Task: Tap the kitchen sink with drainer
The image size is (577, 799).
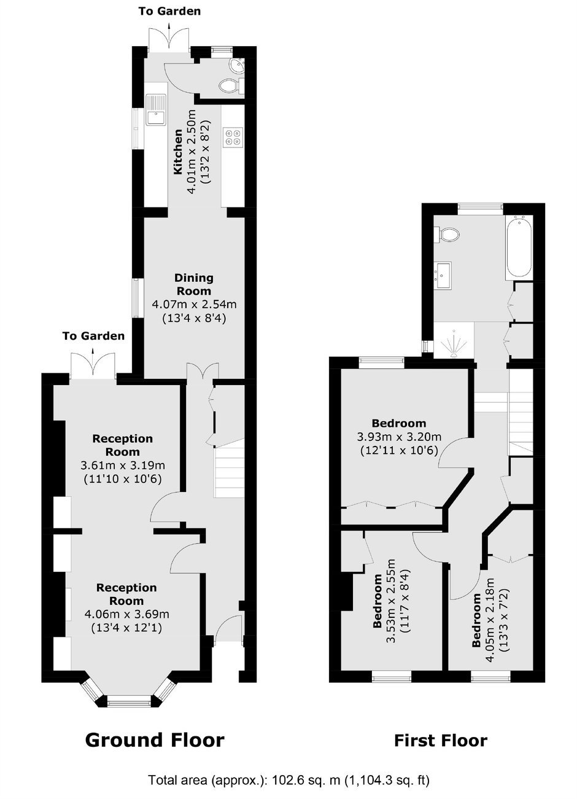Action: coord(156,109)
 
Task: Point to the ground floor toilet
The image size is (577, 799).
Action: coord(231,86)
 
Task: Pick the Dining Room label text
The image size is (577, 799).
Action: coord(194,284)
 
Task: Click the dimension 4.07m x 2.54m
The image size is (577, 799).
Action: coord(195,304)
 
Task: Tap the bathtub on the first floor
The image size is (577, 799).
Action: coord(519,247)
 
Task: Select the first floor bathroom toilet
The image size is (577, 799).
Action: coord(446,235)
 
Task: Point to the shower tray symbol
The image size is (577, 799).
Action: coord(454,343)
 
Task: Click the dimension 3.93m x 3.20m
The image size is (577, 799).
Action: coord(399,437)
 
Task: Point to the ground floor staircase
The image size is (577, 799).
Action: coord(228,467)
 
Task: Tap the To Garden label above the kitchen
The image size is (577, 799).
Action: coord(169,11)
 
